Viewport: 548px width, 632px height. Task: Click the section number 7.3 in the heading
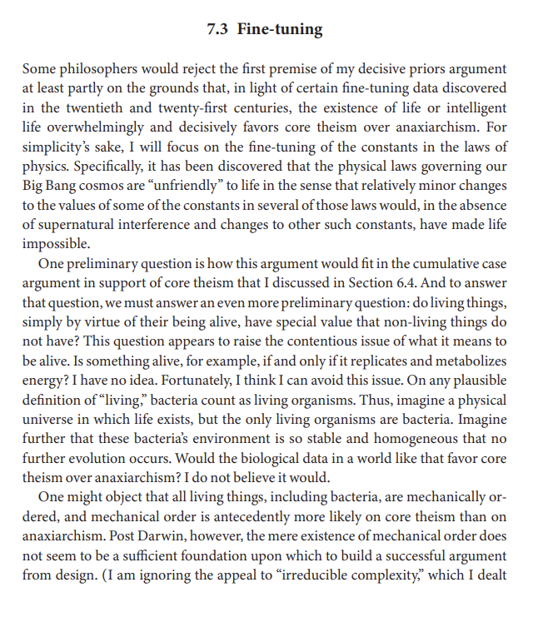click(218, 30)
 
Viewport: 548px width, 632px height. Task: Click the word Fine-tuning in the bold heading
click(280, 30)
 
